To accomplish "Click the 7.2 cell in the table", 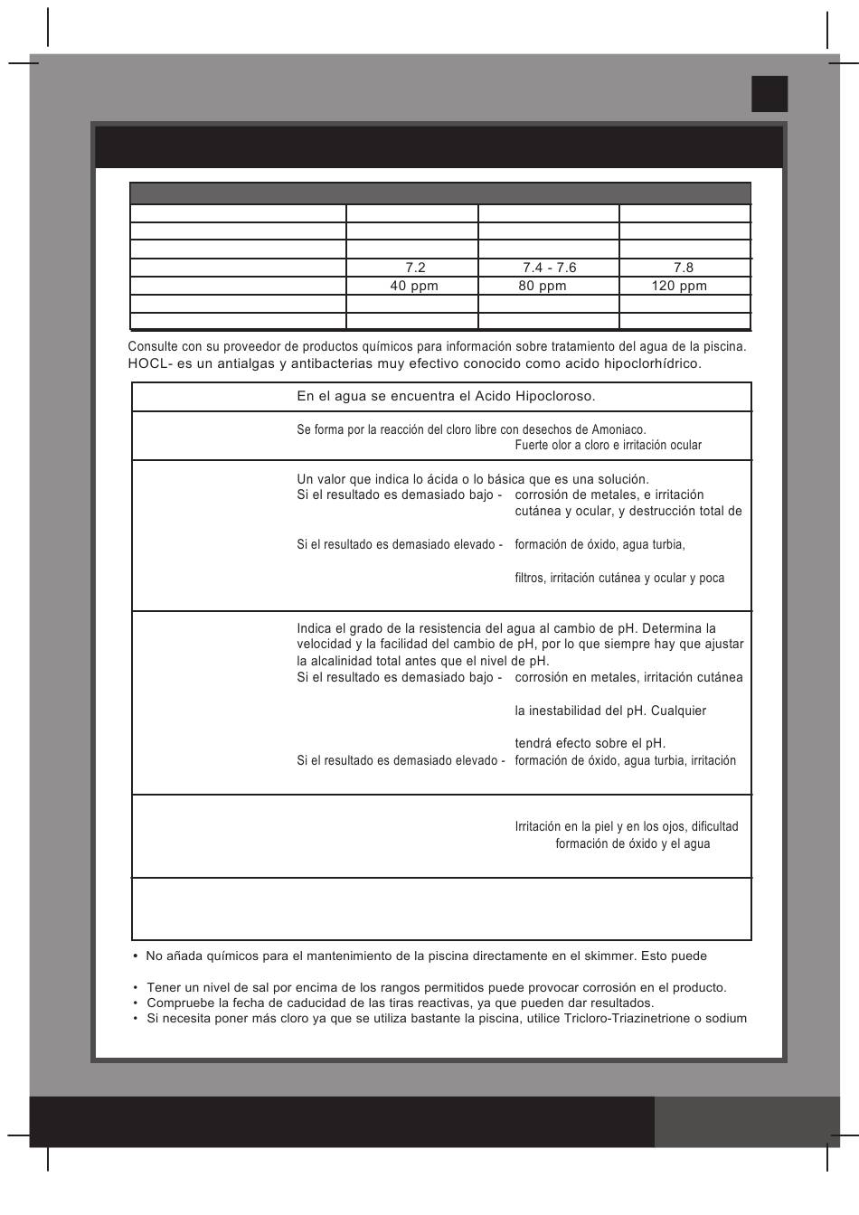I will [x=415, y=268].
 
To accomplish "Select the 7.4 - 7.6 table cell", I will [x=549, y=268].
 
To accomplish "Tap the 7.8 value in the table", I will [x=684, y=268].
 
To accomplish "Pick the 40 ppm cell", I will [x=414, y=286].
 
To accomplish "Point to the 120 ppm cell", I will [x=679, y=286].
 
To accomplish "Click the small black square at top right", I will [x=769, y=94].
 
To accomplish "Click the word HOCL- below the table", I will [x=147, y=363].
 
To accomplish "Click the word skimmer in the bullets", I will [x=599, y=956].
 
